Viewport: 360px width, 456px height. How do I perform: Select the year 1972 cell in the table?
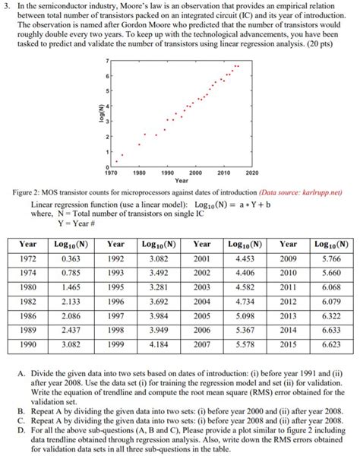pyautogui.click(x=27, y=258)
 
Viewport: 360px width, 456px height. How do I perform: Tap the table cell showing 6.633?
pyautogui.click(x=331, y=331)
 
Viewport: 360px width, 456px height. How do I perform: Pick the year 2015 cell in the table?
pyautogui.click(x=288, y=345)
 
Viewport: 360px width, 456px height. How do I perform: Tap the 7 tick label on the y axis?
pyautogui.click(x=107, y=59)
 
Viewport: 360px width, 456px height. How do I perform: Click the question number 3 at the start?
pyautogui.click(x=8, y=7)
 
